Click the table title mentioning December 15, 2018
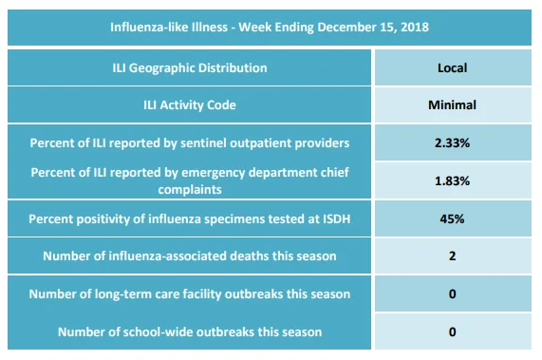[270, 27]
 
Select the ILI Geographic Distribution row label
[190, 67]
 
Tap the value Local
[452, 67]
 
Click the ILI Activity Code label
[190, 104]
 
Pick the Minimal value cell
[452, 104]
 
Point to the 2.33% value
[452, 142]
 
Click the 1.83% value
[452, 180]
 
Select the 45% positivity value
[452, 218]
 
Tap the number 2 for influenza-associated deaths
[452, 256]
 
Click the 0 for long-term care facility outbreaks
[452, 294]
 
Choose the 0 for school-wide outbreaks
[452, 332]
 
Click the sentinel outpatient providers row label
[190, 142]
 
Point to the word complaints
[190, 190]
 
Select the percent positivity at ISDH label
[190, 218]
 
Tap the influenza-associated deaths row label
[190, 256]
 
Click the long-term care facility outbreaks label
[190, 294]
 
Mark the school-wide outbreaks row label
[190, 332]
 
